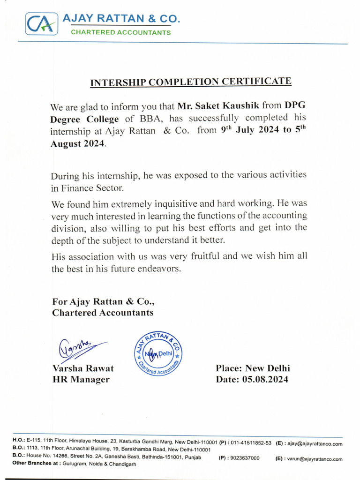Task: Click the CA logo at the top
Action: coord(42,23)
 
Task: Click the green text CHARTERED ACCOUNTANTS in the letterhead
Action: coord(120,32)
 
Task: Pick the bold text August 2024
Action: coord(78,144)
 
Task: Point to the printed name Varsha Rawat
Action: coord(83,368)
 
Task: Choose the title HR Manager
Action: coord(81,380)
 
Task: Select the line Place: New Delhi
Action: coord(253,368)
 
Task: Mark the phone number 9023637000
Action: coord(245,458)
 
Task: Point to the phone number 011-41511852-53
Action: coord(251,442)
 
